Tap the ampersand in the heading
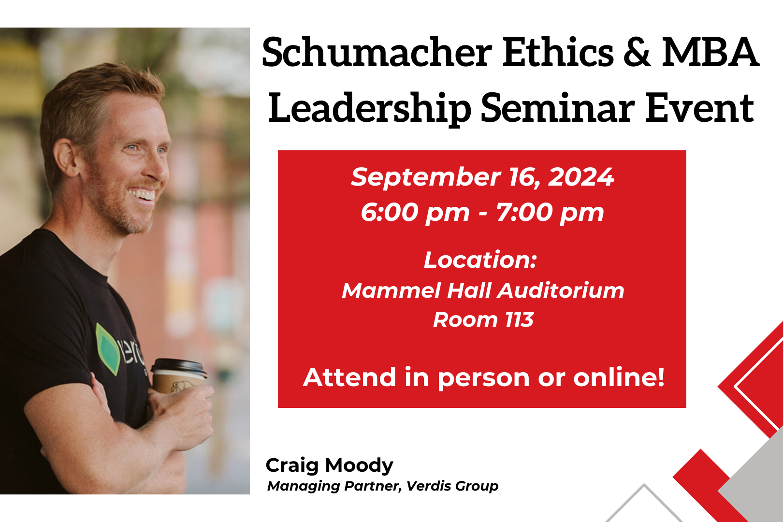tap(637, 53)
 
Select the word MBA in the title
tap(710, 53)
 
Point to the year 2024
tap(581, 177)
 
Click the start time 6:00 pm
tap(415, 213)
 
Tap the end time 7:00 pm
tap(550, 213)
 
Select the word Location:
tap(480, 260)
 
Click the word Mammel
tap(391, 290)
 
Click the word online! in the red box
tap(619, 377)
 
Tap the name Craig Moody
tap(329, 466)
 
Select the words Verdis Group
tap(452, 486)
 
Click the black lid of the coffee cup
tap(179, 368)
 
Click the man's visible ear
tap(66, 158)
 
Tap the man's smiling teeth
tap(142, 194)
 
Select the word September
tap(426, 177)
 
